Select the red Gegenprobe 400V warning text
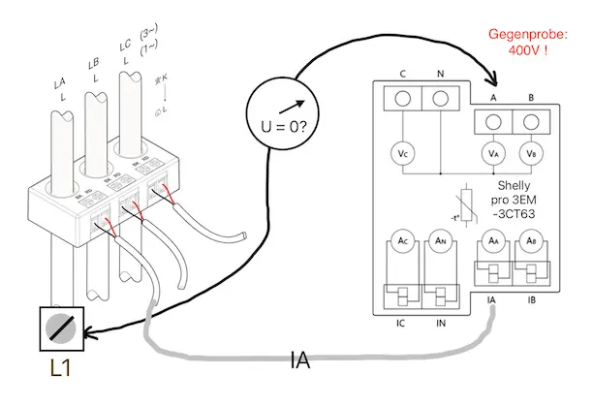tap(527, 42)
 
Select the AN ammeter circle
tap(441, 241)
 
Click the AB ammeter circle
tap(529, 241)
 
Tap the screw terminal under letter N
tap(441, 98)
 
